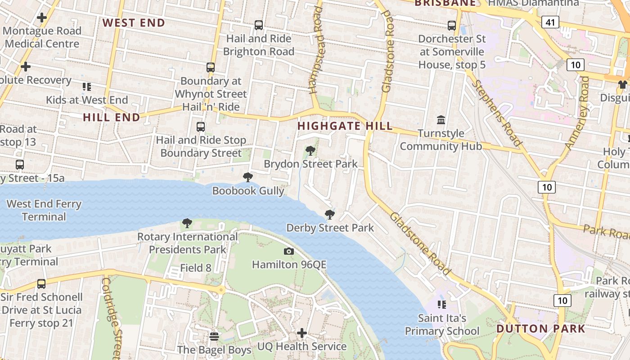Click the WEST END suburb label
(134, 22)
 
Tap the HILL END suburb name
(112, 117)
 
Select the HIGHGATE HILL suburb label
(345, 126)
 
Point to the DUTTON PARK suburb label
(541, 328)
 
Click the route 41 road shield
(550, 22)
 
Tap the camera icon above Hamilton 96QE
(289, 251)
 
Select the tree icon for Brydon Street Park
(310, 151)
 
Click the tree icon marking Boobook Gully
(247, 177)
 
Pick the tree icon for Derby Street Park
(330, 215)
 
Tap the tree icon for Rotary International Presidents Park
(187, 223)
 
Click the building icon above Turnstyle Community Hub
(441, 120)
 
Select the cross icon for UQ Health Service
(302, 333)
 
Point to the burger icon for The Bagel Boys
(214, 336)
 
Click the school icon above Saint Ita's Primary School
(442, 305)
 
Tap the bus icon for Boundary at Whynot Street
(211, 67)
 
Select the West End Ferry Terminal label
(44, 210)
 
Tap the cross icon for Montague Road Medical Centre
(42, 18)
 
